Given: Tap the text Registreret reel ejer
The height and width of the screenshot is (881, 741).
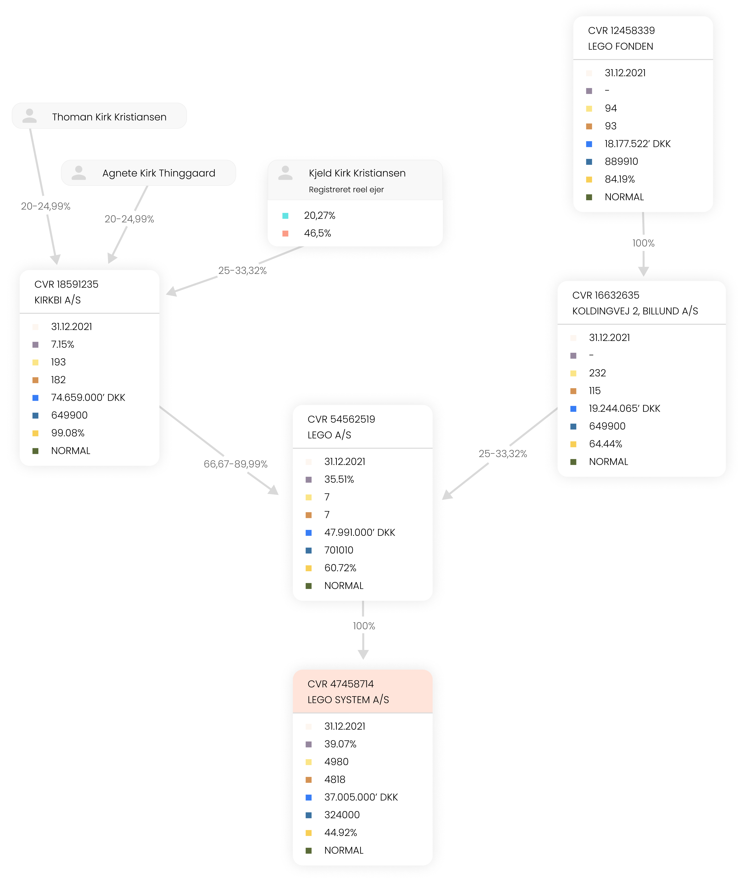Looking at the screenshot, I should (x=346, y=189).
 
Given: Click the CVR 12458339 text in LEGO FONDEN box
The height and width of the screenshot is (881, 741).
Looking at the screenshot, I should (x=621, y=31).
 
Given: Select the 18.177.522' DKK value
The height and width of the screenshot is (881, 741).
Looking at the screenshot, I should (x=637, y=144).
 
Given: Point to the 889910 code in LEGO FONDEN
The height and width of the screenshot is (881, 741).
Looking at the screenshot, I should (x=621, y=161).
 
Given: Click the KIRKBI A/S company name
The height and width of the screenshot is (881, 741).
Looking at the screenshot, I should (x=58, y=300).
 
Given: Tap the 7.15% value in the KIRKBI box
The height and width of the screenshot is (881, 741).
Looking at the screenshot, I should (x=62, y=344).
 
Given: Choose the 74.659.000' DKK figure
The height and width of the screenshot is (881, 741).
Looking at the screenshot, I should (x=88, y=397).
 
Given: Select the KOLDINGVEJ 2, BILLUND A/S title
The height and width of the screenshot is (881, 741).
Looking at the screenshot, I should (x=635, y=311).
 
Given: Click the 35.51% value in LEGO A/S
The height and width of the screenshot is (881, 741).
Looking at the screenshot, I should (x=339, y=479).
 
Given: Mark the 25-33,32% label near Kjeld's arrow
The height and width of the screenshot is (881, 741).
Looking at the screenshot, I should (x=242, y=271).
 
